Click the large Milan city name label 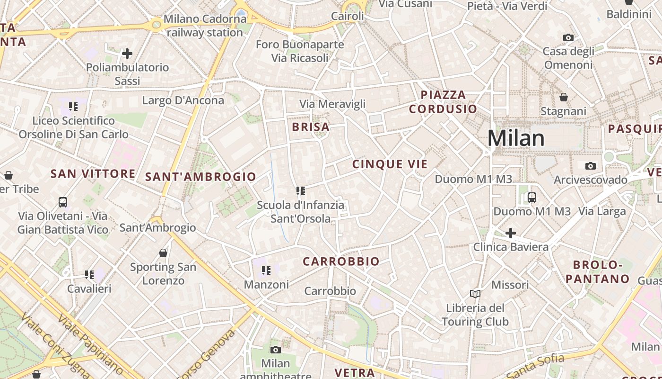click(516, 138)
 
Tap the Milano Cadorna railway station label click(205, 26)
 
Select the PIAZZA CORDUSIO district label click(443, 102)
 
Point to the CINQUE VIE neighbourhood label click(390, 164)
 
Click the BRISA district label click(311, 127)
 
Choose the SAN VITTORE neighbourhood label click(93, 173)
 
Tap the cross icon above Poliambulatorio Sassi click(127, 54)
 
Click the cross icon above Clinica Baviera click(511, 233)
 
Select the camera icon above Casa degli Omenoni click(568, 37)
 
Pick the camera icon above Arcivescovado click(590, 166)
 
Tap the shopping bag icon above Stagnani click(563, 97)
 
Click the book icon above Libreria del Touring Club click(475, 294)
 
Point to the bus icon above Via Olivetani click(63, 202)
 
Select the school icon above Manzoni click(266, 271)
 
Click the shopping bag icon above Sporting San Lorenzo click(163, 253)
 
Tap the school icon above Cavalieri click(89, 274)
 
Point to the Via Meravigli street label click(332, 104)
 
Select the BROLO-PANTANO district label click(598, 271)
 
